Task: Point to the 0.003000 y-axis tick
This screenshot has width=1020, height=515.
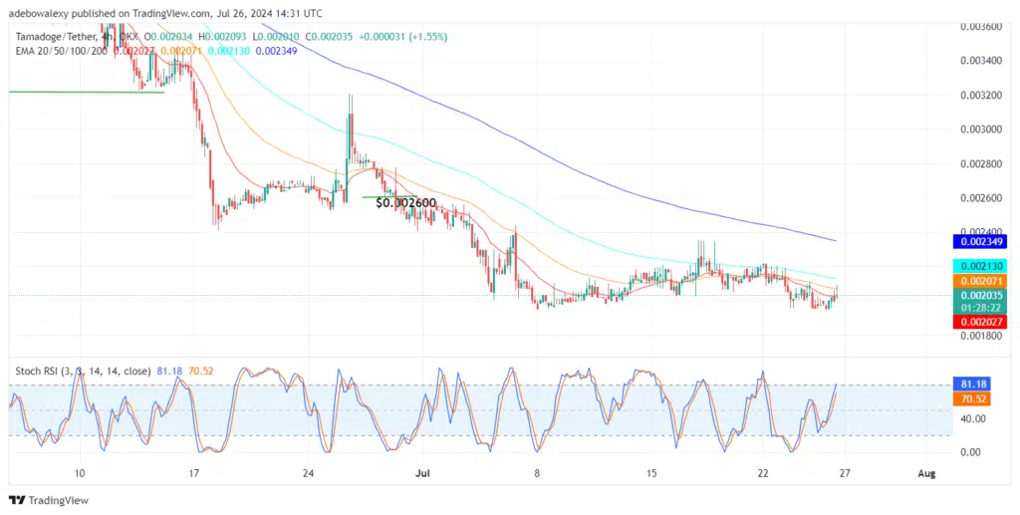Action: point(981,129)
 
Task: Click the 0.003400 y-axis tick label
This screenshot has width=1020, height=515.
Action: point(981,60)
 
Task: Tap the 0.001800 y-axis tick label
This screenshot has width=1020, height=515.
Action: point(981,336)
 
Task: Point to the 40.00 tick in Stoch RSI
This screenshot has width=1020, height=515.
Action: point(973,418)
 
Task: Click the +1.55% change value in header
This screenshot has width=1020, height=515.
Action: point(429,37)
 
